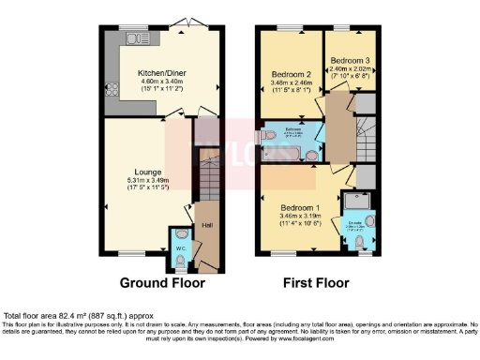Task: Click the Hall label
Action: point(205,225)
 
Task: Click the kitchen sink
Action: point(139,38)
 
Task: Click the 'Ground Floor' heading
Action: point(158,282)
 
